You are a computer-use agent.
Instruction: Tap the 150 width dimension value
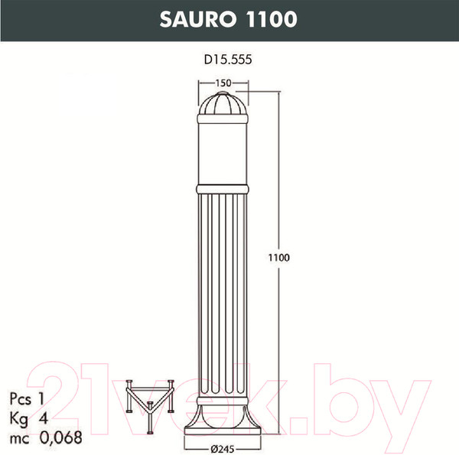point(223,83)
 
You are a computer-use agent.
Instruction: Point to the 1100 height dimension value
point(278,258)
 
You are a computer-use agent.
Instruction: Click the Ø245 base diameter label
point(223,447)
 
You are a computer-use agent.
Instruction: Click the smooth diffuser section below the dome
point(223,151)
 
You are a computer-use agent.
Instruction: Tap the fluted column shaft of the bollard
point(223,291)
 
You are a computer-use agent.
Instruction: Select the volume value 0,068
point(61,438)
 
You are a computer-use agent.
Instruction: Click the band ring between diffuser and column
point(223,187)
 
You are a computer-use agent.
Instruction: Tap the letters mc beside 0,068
point(21,438)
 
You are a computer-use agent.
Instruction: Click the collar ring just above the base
point(223,401)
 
